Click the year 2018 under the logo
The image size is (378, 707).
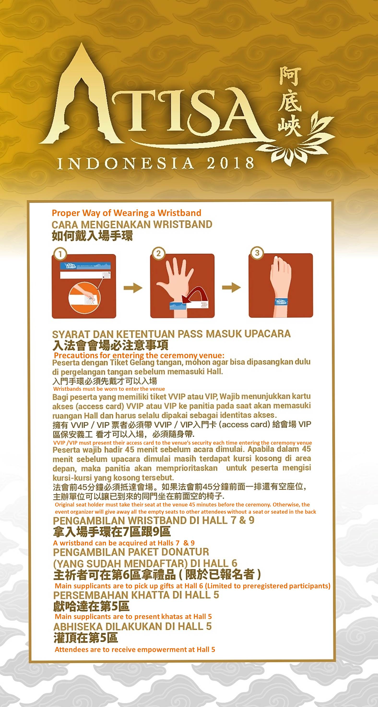point(230,163)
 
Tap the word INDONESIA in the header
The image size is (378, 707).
point(125,164)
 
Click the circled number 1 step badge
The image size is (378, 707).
point(60,254)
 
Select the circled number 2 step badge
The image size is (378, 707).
point(159,253)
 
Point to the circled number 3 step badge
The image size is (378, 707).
point(257,253)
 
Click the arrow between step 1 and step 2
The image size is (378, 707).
point(133,288)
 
